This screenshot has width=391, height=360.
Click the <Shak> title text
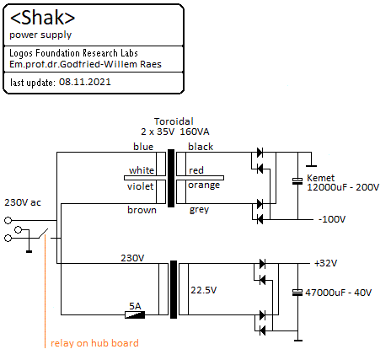click(42, 18)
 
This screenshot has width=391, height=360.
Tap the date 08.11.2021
click(85, 82)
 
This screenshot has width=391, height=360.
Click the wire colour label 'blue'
click(143, 147)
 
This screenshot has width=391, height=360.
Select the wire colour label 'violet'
click(140, 186)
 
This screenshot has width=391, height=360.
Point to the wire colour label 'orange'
click(204, 185)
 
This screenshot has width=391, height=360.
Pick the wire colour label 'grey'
click(199, 210)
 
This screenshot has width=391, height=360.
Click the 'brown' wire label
click(142, 210)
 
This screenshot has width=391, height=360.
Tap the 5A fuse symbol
click(135, 314)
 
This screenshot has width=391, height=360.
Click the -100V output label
click(332, 219)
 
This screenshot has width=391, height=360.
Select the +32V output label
click(325, 263)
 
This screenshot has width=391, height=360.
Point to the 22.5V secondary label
click(204, 290)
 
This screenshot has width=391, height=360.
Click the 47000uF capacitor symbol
click(297, 293)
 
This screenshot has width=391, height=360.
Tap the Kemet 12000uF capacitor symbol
click(297, 181)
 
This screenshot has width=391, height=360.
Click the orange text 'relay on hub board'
click(94, 343)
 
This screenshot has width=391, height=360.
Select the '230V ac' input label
click(23, 202)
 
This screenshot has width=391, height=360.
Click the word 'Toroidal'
click(174, 121)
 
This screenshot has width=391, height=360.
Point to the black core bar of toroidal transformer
click(171, 178)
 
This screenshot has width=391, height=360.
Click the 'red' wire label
click(196, 170)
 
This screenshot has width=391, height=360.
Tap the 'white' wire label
click(142, 170)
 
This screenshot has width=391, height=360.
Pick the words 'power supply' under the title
click(40, 35)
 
